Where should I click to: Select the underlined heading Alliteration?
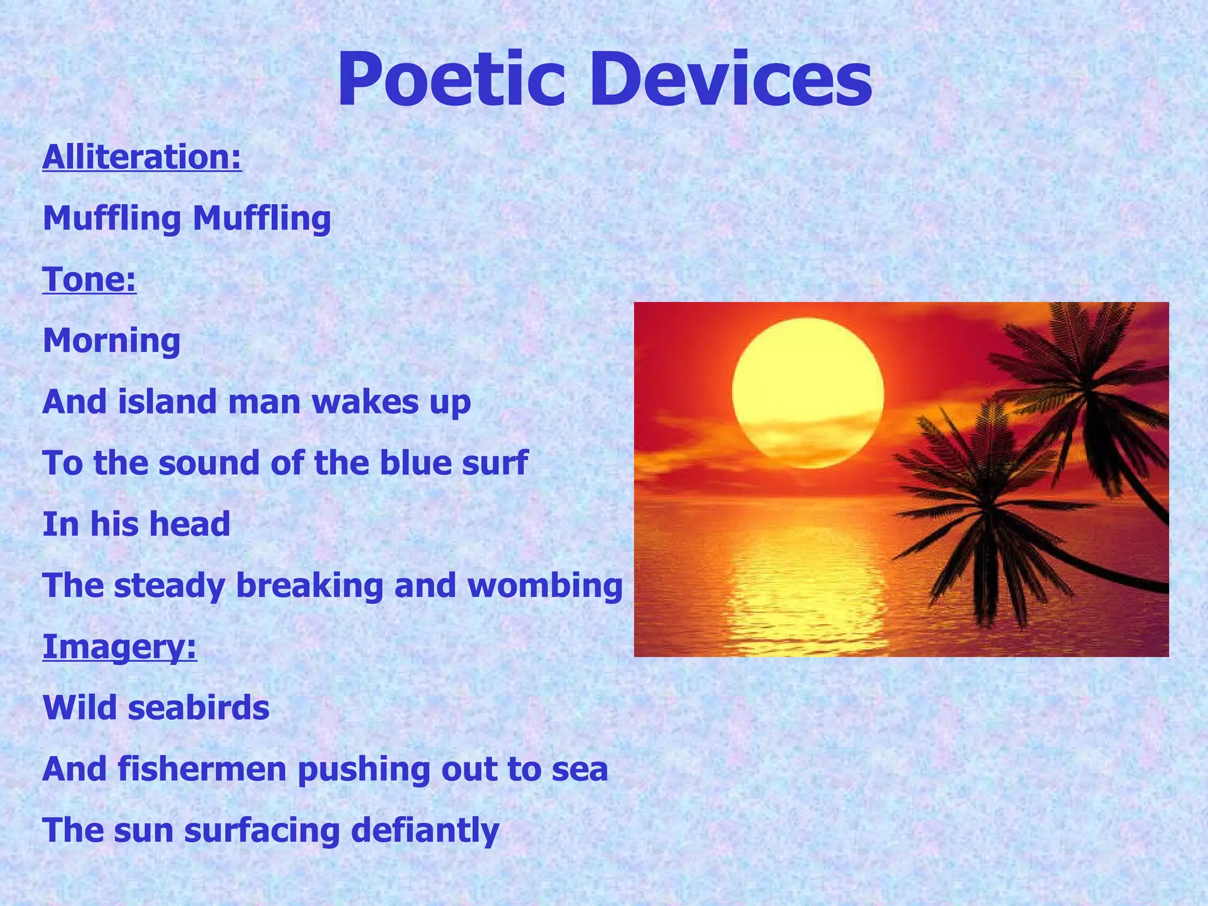[x=142, y=157]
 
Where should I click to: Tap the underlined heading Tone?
[x=89, y=279]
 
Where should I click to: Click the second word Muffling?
[x=261, y=218]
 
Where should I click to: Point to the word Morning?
[x=111, y=340]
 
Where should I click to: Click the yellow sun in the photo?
[x=807, y=392]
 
